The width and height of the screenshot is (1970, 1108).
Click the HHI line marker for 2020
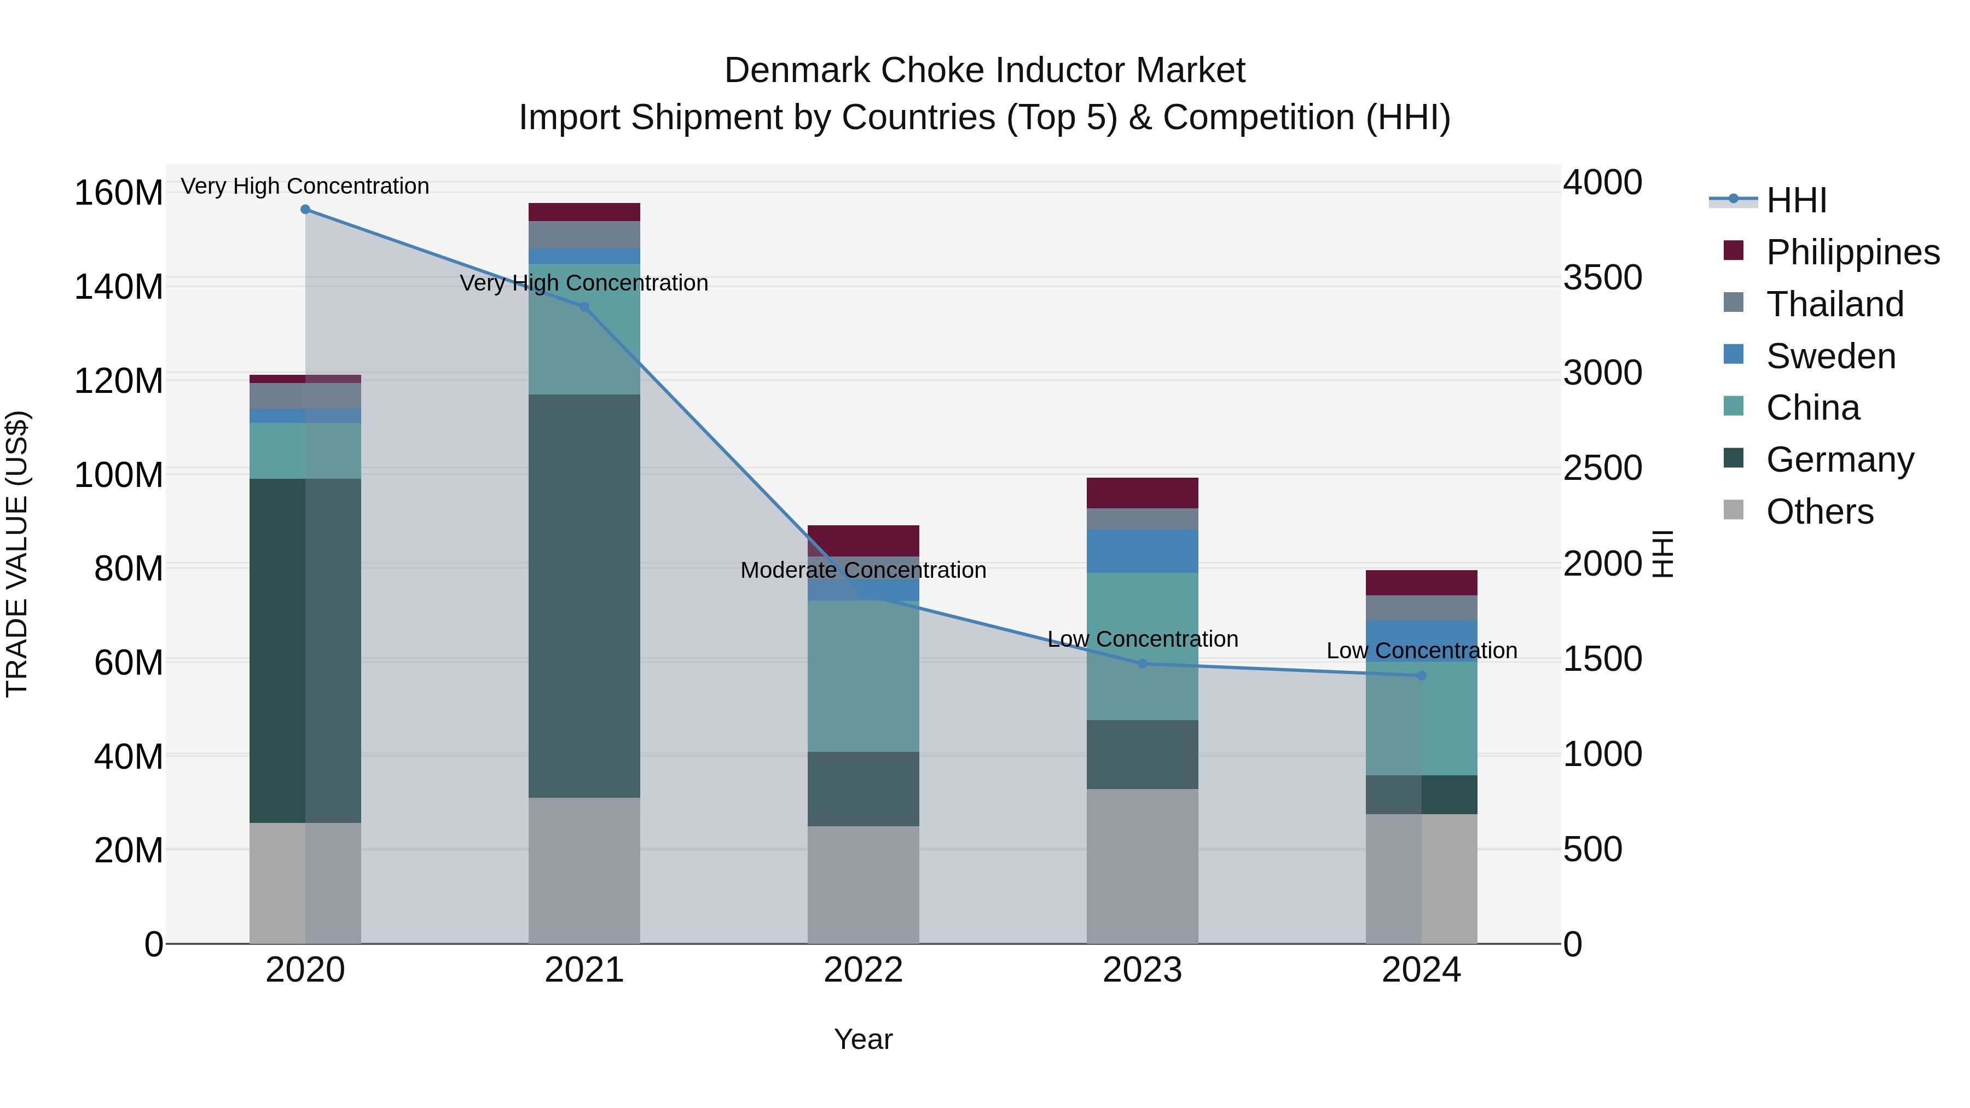[305, 210]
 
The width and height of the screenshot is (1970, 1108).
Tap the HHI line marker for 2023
[1143, 664]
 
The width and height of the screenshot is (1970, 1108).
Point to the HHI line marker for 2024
[1422, 675]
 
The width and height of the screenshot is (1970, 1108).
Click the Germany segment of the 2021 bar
[584, 596]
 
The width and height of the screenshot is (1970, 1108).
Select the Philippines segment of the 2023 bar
[1143, 493]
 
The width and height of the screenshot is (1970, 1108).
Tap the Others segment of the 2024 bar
[1422, 879]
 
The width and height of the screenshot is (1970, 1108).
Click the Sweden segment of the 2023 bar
[1143, 552]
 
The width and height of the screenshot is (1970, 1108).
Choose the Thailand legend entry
[1834, 304]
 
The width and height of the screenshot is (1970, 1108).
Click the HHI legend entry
[1795, 200]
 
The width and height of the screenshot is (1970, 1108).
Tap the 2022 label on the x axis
[864, 970]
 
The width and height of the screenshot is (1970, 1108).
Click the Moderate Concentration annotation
[864, 571]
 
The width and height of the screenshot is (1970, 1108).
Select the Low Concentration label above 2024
[1422, 651]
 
